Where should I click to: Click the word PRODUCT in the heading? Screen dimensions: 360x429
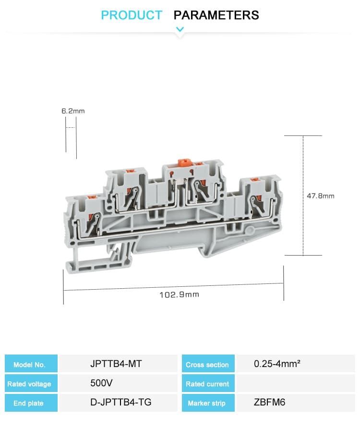coord(132,15)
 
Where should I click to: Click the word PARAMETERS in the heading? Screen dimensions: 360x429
coord(216,15)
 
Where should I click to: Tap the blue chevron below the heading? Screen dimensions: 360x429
coord(180,29)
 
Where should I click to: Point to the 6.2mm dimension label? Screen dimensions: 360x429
coord(73,111)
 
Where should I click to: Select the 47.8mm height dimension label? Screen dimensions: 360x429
coord(320,196)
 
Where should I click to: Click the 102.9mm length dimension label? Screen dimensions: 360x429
coord(180,294)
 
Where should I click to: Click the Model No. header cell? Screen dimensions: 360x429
coord(31,364)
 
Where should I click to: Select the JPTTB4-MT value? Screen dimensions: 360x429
coord(116,364)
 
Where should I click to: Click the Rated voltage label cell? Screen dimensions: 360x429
coord(31,383)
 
